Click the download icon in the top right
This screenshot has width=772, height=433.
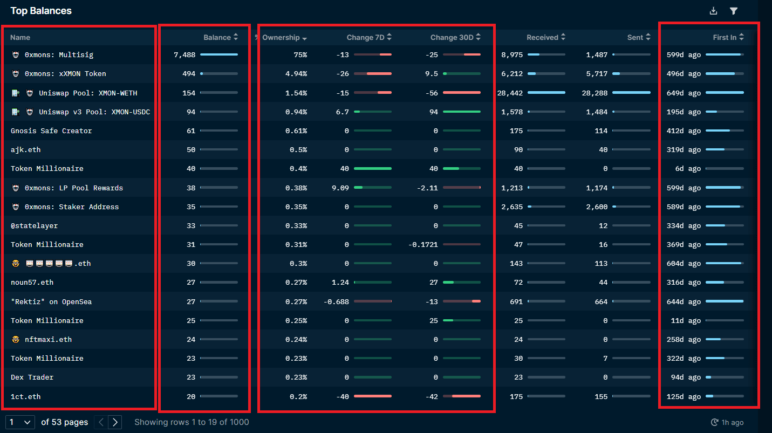(713, 11)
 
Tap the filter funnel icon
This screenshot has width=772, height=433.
(734, 11)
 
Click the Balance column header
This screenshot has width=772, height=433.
(217, 37)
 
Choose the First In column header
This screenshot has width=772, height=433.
(724, 37)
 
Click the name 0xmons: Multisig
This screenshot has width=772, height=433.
(59, 55)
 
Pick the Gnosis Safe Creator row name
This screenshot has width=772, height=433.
(51, 131)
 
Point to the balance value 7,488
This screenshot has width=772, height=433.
(185, 55)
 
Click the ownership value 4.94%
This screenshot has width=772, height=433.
(296, 74)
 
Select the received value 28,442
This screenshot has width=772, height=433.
(510, 93)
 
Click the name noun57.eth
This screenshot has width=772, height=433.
(32, 283)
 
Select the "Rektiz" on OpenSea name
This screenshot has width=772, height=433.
(51, 302)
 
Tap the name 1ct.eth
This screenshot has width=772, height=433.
(26, 397)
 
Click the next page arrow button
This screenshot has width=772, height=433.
(115, 422)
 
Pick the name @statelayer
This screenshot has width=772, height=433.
(34, 226)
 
